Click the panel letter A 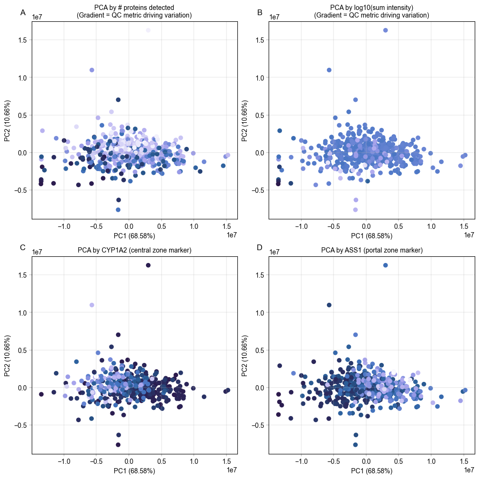tap(23, 13)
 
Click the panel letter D tap(260, 247)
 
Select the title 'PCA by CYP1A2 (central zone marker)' tap(134, 250)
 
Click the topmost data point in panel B tap(385, 30)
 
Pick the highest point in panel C tap(148, 265)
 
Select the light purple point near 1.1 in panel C tap(92, 305)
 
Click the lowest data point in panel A tap(118, 209)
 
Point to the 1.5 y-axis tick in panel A tap(22, 40)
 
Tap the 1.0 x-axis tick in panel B tap(431, 226)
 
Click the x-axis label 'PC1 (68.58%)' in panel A tap(135, 235)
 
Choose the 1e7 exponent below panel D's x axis tap(469, 470)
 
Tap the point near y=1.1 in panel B tap(329, 70)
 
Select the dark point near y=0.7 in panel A tap(118, 100)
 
